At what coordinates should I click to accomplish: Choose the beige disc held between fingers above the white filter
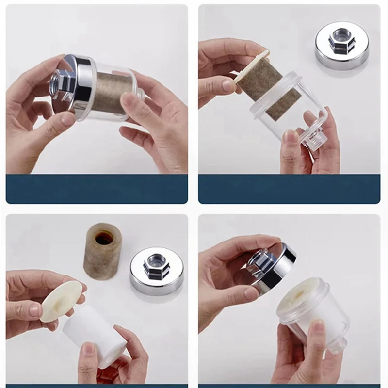[x=61, y=301]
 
